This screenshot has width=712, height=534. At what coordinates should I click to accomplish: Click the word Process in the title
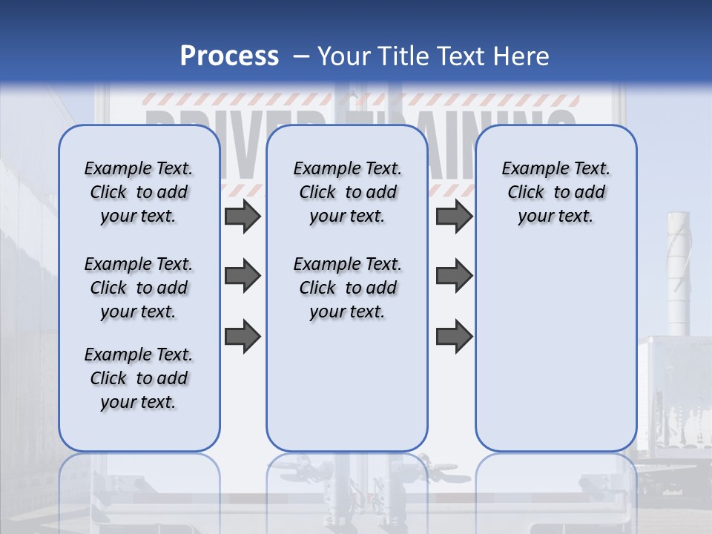(x=229, y=56)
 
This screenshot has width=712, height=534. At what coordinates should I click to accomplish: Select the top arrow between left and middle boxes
(x=243, y=216)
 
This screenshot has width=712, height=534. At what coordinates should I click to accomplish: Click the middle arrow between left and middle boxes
(x=243, y=276)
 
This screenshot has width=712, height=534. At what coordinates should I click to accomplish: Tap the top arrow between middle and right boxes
(x=454, y=216)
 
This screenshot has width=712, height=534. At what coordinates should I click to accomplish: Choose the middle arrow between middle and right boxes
(x=454, y=276)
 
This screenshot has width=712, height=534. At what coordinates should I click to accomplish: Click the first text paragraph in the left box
(x=139, y=192)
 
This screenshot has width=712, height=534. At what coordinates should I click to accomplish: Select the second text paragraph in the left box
(x=139, y=288)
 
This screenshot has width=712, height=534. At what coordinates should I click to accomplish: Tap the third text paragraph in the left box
(x=139, y=378)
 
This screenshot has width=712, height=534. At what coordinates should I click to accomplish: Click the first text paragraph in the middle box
(x=347, y=192)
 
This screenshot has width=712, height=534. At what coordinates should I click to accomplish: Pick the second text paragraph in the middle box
(x=347, y=288)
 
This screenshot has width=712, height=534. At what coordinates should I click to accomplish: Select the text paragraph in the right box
(x=556, y=192)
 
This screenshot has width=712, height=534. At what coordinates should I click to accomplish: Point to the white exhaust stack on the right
(x=679, y=274)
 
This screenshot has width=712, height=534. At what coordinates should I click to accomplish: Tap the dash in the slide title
(x=301, y=56)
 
